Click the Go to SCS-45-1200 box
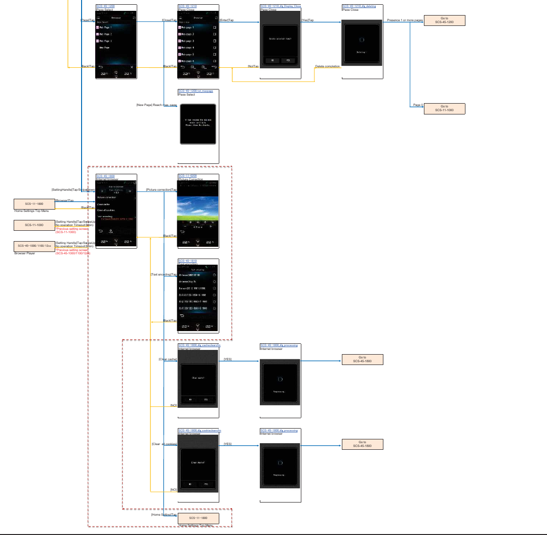pos(444,20)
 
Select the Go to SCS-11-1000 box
pos(444,108)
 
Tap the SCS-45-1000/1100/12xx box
pos(34,246)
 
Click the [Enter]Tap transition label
pos(227,20)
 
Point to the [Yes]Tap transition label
pos(308,20)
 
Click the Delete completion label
pos(327,66)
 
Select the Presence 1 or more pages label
pos(405,20)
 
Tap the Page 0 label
pos(418,105)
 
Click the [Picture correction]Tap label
pos(161,190)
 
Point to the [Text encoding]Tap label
pos(164,275)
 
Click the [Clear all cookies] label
pos(164,444)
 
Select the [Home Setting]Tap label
pos(164,515)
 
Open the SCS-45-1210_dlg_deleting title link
pos(359,6)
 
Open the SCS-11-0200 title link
pos(188,176)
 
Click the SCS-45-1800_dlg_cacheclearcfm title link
pos(199,345)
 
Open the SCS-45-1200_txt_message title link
pos(196,91)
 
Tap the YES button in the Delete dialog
pos(288,60)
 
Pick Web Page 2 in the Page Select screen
pos(105,34)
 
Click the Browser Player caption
pos(25,253)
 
